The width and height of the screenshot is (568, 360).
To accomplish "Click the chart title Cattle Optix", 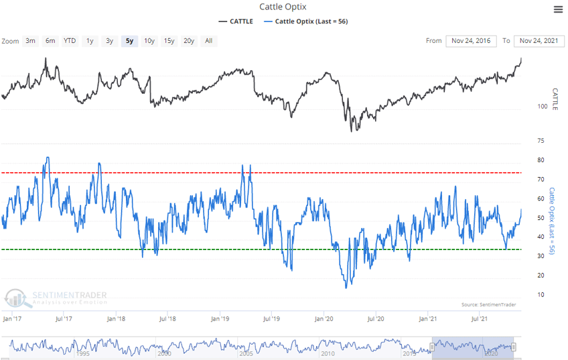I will [x=283, y=7].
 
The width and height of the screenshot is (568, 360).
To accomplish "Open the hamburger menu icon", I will [x=558, y=9].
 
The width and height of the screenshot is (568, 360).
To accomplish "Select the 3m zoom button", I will [x=31, y=41].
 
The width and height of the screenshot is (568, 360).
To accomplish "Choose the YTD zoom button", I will [x=70, y=41].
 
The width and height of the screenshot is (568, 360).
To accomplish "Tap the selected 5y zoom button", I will [x=129, y=41].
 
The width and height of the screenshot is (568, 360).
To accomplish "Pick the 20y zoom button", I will [x=189, y=41].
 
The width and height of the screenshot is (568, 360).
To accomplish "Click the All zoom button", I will [x=209, y=41].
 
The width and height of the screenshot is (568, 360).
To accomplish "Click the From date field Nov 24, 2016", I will [x=472, y=41].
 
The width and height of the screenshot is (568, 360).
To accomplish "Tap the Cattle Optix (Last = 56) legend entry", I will [x=306, y=21].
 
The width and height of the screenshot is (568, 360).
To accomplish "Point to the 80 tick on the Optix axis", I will [x=540, y=161].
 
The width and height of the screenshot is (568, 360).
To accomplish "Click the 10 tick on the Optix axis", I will [x=540, y=295].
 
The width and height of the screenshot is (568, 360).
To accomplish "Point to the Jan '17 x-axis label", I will [x=13, y=318].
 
